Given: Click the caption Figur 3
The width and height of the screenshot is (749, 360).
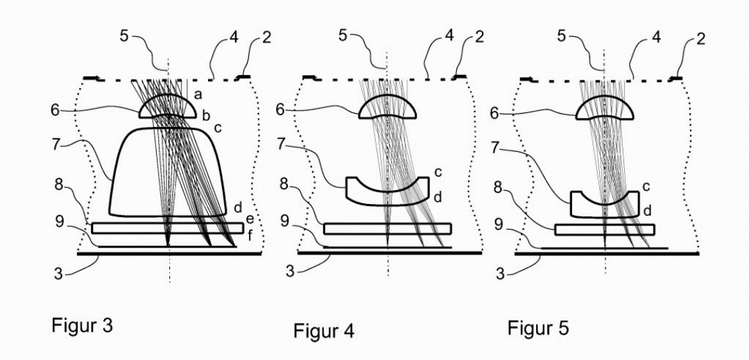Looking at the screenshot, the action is pyautogui.click(x=82, y=325).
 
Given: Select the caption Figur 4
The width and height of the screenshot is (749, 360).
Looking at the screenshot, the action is pyautogui.click(x=324, y=330).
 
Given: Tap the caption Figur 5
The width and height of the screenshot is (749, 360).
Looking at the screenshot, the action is pyautogui.click(x=538, y=328).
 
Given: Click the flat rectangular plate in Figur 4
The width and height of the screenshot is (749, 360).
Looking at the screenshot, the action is pyautogui.click(x=388, y=229).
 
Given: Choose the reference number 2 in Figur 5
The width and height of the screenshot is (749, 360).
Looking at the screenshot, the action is pyautogui.click(x=700, y=37).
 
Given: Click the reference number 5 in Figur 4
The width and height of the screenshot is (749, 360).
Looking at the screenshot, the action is pyautogui.click(x=342, y=35).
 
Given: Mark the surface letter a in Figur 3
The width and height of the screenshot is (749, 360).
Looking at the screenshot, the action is pyautogui.click(x=198, y=95).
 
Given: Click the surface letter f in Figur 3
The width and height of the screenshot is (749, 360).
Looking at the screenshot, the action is pyautogui.click(x=250, y=235).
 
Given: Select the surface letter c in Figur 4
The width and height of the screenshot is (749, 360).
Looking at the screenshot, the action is pyautogui.click(x=438, y=172).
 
